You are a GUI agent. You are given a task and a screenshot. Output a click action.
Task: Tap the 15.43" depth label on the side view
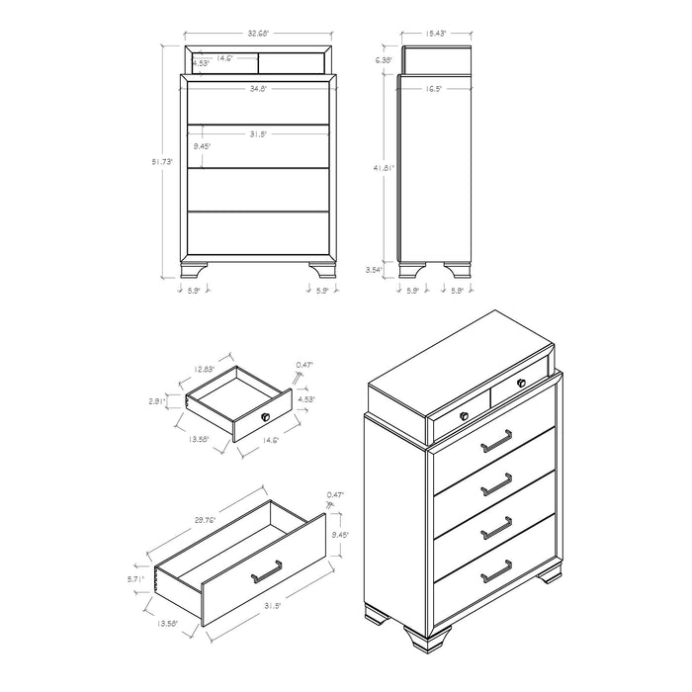click(435, 34)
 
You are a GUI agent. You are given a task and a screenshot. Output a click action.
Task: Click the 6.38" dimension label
click(386, 60)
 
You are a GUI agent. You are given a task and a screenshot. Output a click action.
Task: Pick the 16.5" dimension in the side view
click(435, 90)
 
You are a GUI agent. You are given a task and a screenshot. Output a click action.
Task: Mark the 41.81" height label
click(385, 168)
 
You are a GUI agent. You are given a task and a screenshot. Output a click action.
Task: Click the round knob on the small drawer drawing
click(265, 417)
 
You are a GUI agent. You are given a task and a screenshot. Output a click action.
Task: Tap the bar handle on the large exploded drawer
click(267, 570)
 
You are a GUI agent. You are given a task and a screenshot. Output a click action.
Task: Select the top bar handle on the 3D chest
click(496, 442)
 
